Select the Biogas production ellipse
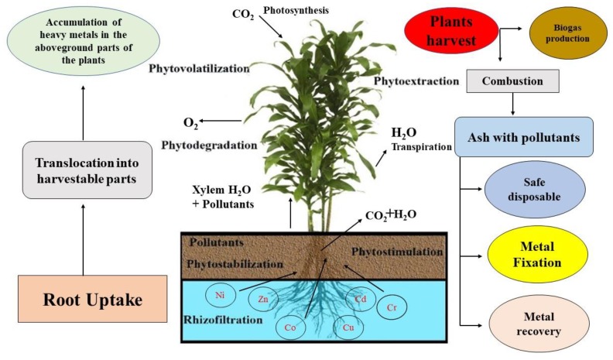point(562,32)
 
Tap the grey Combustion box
point(512,81)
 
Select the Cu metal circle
point(348,327)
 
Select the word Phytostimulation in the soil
point(397,252)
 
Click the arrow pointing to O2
point(219,122)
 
